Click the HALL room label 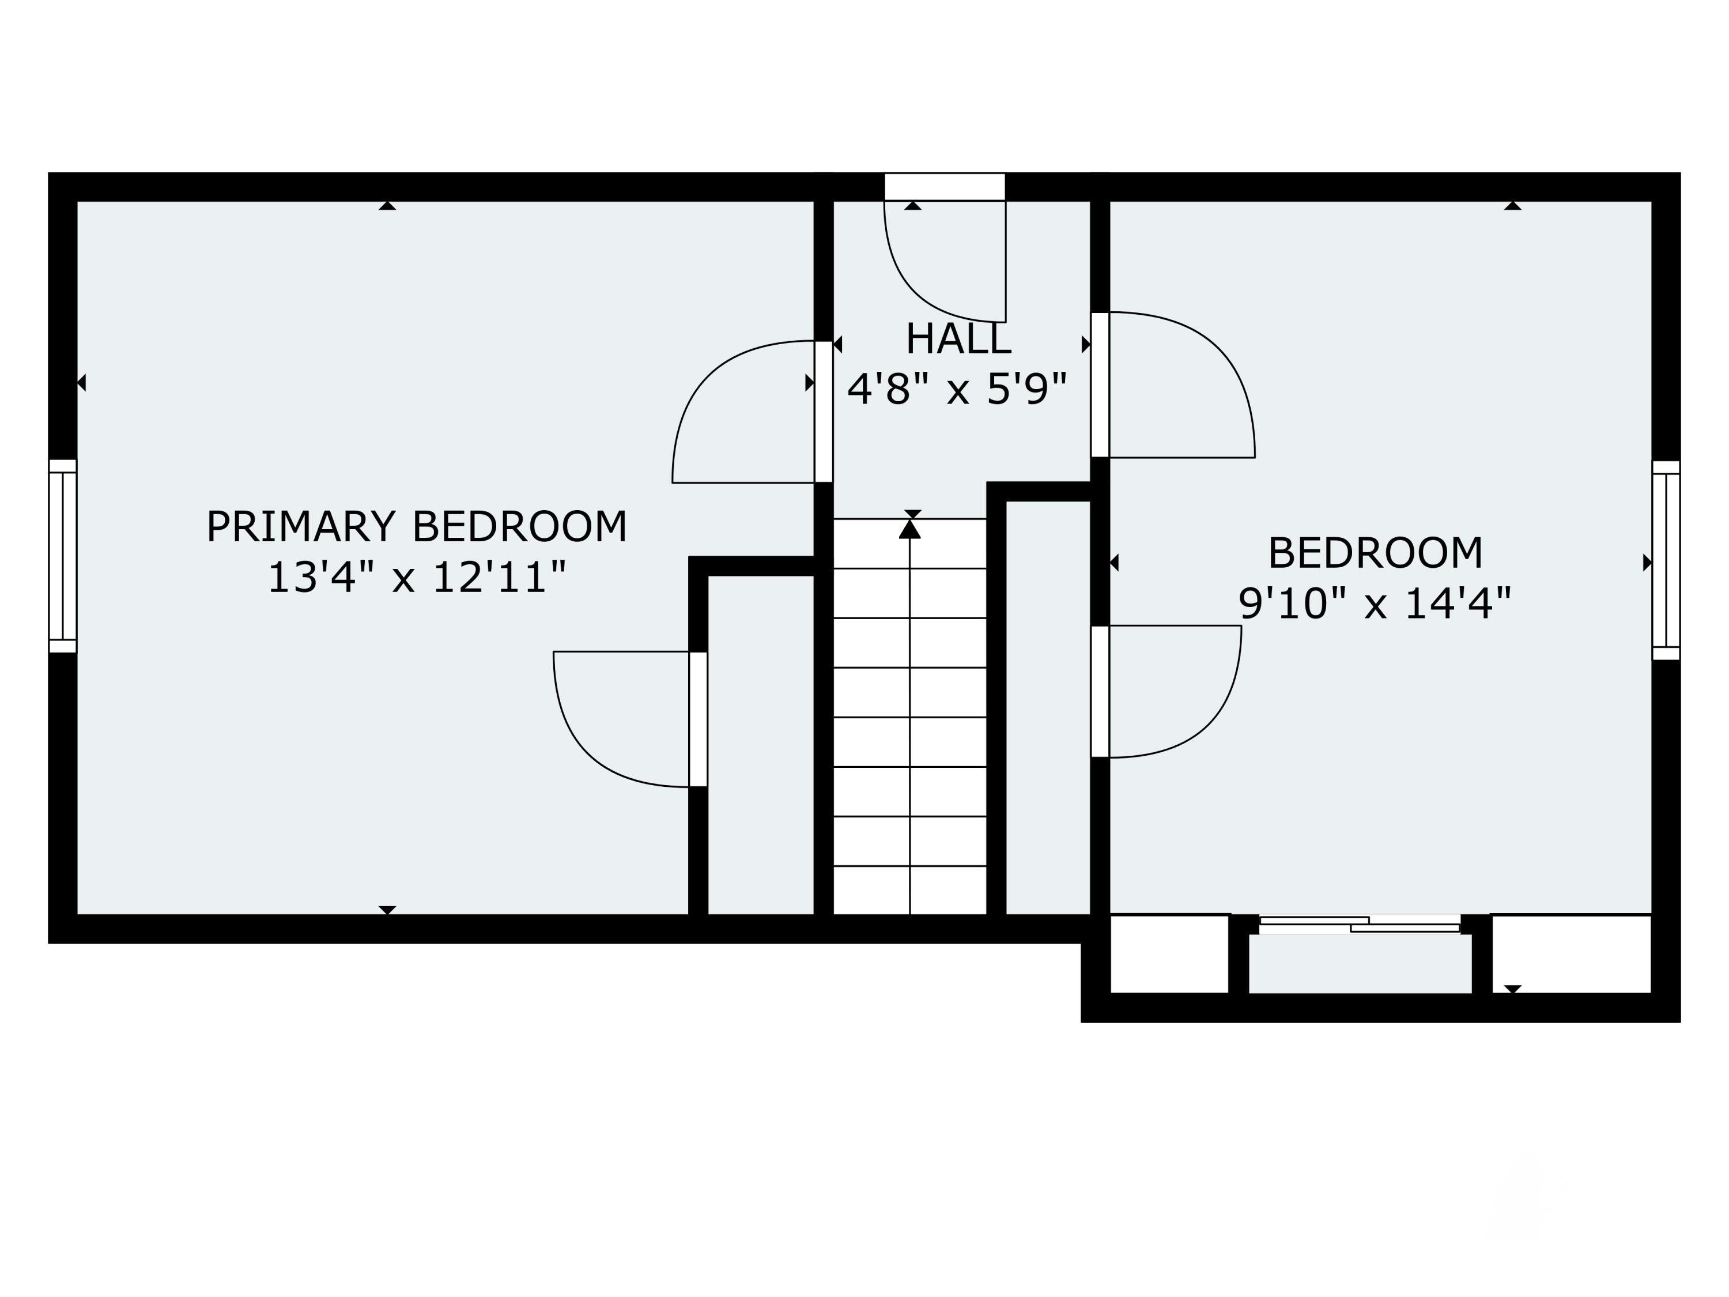[958, 340]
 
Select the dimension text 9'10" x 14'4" [1375, 604]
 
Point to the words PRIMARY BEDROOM [416, 527]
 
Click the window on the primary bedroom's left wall [62, 556]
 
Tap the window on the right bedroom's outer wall [1666, 560]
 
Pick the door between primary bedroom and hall [823, 412]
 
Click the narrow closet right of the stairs [1047, 707]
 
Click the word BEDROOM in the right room [1375, 553]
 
